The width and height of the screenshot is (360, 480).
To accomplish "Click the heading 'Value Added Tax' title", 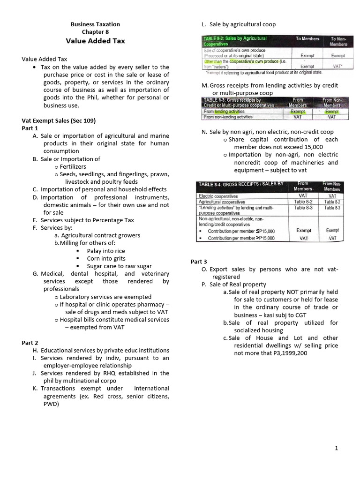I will coord(95,41).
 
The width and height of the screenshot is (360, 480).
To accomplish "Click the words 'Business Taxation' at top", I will coord(95,24).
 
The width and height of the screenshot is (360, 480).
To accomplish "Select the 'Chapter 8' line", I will coord(95,32).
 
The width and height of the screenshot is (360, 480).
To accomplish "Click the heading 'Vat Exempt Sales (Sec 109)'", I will coord(59,120).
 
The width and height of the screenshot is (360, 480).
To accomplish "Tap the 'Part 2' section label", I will coord(30,343).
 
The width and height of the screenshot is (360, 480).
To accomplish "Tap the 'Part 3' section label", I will coord(199,262).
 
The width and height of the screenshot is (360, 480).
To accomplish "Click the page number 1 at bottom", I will coord(336,449).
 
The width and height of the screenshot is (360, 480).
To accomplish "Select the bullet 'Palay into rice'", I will coord(106,251).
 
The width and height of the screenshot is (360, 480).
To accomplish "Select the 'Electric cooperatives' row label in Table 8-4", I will coord(218,196).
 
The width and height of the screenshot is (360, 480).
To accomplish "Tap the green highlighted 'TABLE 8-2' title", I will coord(234,41).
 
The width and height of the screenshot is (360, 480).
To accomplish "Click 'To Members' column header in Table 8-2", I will coord(307,38).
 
